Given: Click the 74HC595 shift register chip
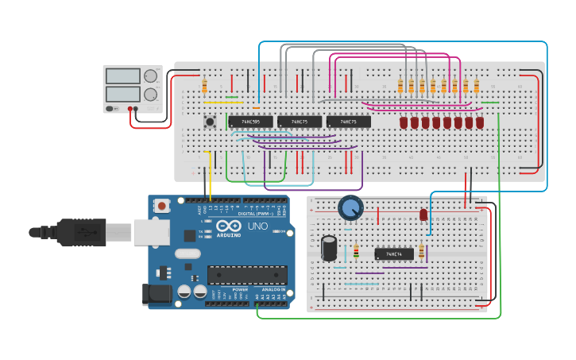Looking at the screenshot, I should [x=250, y=122].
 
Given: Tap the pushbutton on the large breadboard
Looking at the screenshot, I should [x=211, y=122].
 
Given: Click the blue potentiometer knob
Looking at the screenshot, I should [x=350, y=208].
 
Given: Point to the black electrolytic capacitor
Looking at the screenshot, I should [x=329, y=247].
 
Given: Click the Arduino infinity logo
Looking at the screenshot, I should [x=228, y=226].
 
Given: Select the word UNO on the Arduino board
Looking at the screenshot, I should [x=258, y=226].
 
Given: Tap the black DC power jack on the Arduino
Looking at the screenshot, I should [x=157, y=295].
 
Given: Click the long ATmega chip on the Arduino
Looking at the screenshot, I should [x=247, y=275].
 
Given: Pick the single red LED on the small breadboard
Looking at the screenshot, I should [x=423, y=215].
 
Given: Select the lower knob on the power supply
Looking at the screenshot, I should [x=150, y=95].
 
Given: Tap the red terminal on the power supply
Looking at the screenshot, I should [x=130, y=109].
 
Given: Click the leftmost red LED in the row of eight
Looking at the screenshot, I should [x=404, y=122].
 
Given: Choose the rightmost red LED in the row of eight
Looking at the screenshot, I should [x=480, y=122].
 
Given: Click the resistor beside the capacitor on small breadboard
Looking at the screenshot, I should [x=355, y=251].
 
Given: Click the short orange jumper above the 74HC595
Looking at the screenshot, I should [x=256, y=108].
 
